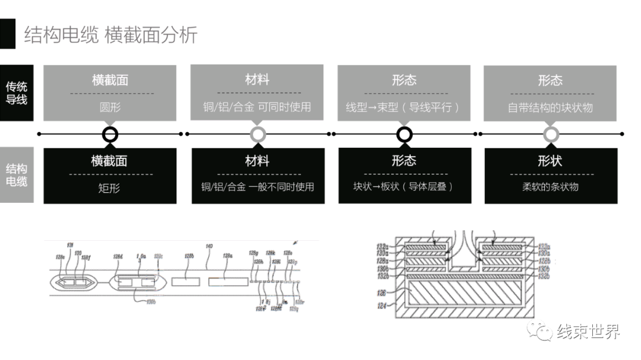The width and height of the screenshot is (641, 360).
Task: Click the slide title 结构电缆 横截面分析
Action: (110, 35)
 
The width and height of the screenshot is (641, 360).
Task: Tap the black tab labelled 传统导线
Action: (17, 93)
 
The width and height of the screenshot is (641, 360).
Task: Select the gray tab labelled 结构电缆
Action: (17, 174)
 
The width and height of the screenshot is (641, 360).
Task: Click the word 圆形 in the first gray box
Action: (110, 108)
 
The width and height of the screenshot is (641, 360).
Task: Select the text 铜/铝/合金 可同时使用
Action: (257, 108)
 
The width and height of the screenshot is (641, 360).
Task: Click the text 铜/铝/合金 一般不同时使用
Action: (258, 187)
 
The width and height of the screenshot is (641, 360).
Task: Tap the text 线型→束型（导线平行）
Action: (404, 108)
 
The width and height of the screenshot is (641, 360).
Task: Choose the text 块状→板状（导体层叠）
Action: (404, 187)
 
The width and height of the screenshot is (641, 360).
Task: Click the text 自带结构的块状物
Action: (550, 108)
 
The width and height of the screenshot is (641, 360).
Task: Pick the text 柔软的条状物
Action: (550, 187)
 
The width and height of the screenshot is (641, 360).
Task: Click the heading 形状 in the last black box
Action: (550, 161)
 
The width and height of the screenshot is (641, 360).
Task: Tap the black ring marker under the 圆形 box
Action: (110, 134)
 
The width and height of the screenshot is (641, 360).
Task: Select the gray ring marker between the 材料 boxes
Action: (257, 134)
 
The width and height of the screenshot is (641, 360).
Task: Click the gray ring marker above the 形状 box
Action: (551, 134)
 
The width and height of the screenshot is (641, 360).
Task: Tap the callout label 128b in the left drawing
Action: (189, 256)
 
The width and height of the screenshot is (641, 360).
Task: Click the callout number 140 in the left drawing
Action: (209, 245)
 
